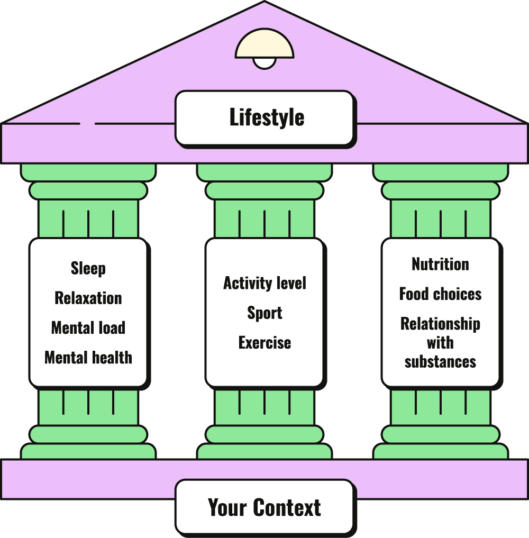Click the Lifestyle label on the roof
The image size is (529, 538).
click(x=267, y=117)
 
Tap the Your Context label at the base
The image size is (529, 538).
click(x=264, y=507)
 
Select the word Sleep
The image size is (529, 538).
click(x=88, y=269)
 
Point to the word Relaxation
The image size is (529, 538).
click(x=88, y=298)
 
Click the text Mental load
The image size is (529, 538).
click(x=88, y=328)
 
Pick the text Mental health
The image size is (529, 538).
click(x=88, y=358)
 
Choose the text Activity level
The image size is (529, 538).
click(x=264, y=284)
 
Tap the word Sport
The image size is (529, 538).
click(x=264, y=313)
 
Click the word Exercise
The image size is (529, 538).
click(x=264, y=343)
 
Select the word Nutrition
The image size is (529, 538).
click(x=440, y=265)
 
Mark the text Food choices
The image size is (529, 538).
click(x=440, y=294)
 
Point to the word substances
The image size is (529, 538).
click(x=440, y=362)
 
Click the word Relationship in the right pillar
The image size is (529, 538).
click(x=440, y=324)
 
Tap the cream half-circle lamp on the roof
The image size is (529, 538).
click(x=264, y=45)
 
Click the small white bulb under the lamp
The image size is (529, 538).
click(x=264, y=63)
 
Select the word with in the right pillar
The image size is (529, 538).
click(x=440, y=343)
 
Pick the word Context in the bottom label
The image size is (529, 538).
click(x=287, y=507)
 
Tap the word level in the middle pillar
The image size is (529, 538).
click(x=291, y=284)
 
